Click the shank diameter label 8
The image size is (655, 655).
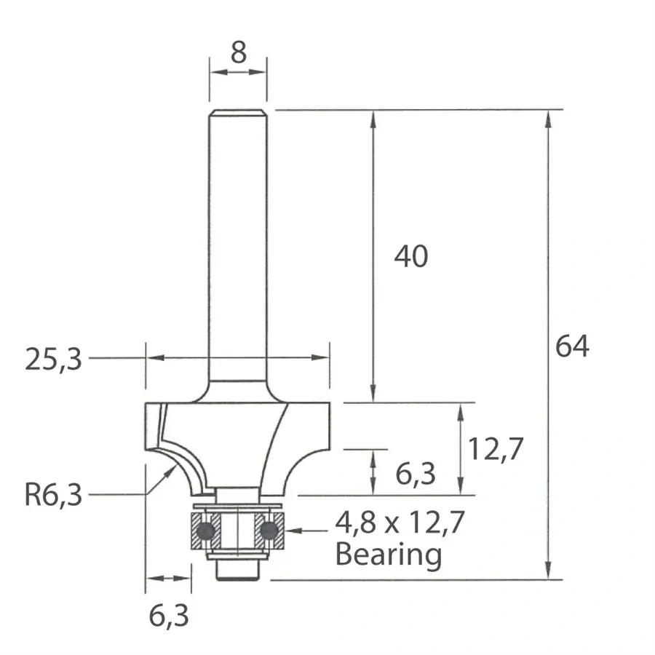coord(238,53)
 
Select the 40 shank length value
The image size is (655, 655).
coord(411,256)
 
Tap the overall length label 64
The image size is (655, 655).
coord(571,346)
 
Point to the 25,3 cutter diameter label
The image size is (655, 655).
coord(54,359)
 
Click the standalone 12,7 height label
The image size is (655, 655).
coord(496,451)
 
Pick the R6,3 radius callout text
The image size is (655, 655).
coord(54,496)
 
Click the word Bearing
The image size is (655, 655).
coord(388,555)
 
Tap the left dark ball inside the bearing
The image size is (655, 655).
coord(207,531)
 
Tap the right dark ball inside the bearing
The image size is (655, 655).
coord(270,531)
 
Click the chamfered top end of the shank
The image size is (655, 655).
coord(238,113)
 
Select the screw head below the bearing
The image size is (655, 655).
coord(238,572)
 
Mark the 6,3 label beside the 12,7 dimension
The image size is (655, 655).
coord(416,475)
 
